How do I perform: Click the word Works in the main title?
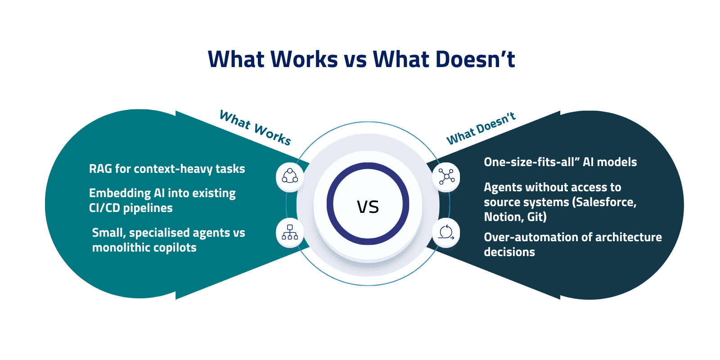(304, 59)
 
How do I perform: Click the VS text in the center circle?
(368, 207)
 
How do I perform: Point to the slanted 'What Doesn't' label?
(481, 129)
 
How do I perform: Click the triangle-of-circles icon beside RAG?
(290, 176)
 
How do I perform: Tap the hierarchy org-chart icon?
(290, 232)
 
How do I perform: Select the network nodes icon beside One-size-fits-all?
(446, 176)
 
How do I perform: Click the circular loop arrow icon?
(446, 232)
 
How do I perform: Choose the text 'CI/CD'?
(104, 208)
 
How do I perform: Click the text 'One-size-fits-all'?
(529, 162)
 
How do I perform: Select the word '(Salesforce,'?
(604, 202)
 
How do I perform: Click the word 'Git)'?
(537, 217)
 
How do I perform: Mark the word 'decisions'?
(509, 252)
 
